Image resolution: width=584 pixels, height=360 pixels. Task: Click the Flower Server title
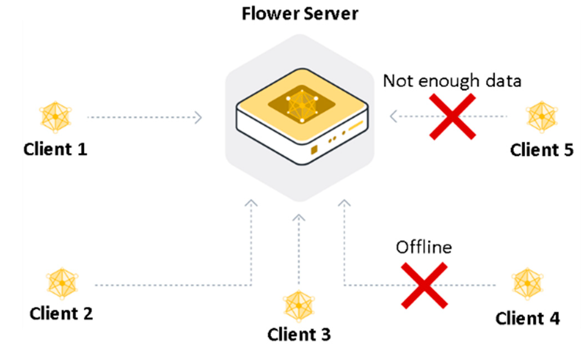tap(300, 13)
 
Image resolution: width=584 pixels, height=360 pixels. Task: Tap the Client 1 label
tap(55, 149)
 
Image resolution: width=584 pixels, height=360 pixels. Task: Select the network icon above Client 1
tap(55, 117)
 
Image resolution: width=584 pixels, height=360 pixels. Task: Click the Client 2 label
tap(61, 314)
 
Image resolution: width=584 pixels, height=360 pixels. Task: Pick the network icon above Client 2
tap(62, 283)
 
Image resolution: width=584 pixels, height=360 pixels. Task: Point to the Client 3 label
tap(299, 334)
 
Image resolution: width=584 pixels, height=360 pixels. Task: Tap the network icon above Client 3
tap(299, 306)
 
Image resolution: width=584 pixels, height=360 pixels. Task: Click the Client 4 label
tap(527, 318)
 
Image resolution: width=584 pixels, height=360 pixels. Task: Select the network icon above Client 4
tap(527, 283)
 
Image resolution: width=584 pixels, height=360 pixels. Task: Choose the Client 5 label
tap(542, 150)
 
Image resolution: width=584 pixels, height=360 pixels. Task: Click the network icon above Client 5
tap(542, 117)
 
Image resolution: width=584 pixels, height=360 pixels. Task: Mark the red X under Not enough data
tap(452, 116)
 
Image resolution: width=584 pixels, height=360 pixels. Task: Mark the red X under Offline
tap(424, 285)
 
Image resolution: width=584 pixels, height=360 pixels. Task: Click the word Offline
tap(424, 247)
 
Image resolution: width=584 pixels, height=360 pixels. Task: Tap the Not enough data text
tap(452, 81)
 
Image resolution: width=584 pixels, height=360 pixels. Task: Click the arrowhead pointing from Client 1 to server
tap(198, 117)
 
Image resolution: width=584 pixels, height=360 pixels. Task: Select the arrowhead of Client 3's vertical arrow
tap(299, 218)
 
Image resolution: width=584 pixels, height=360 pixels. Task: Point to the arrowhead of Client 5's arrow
tap(393, 116)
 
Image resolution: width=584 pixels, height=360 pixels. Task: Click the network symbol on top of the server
tap(302, 105)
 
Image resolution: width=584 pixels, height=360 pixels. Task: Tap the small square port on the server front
tap(314, 150)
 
